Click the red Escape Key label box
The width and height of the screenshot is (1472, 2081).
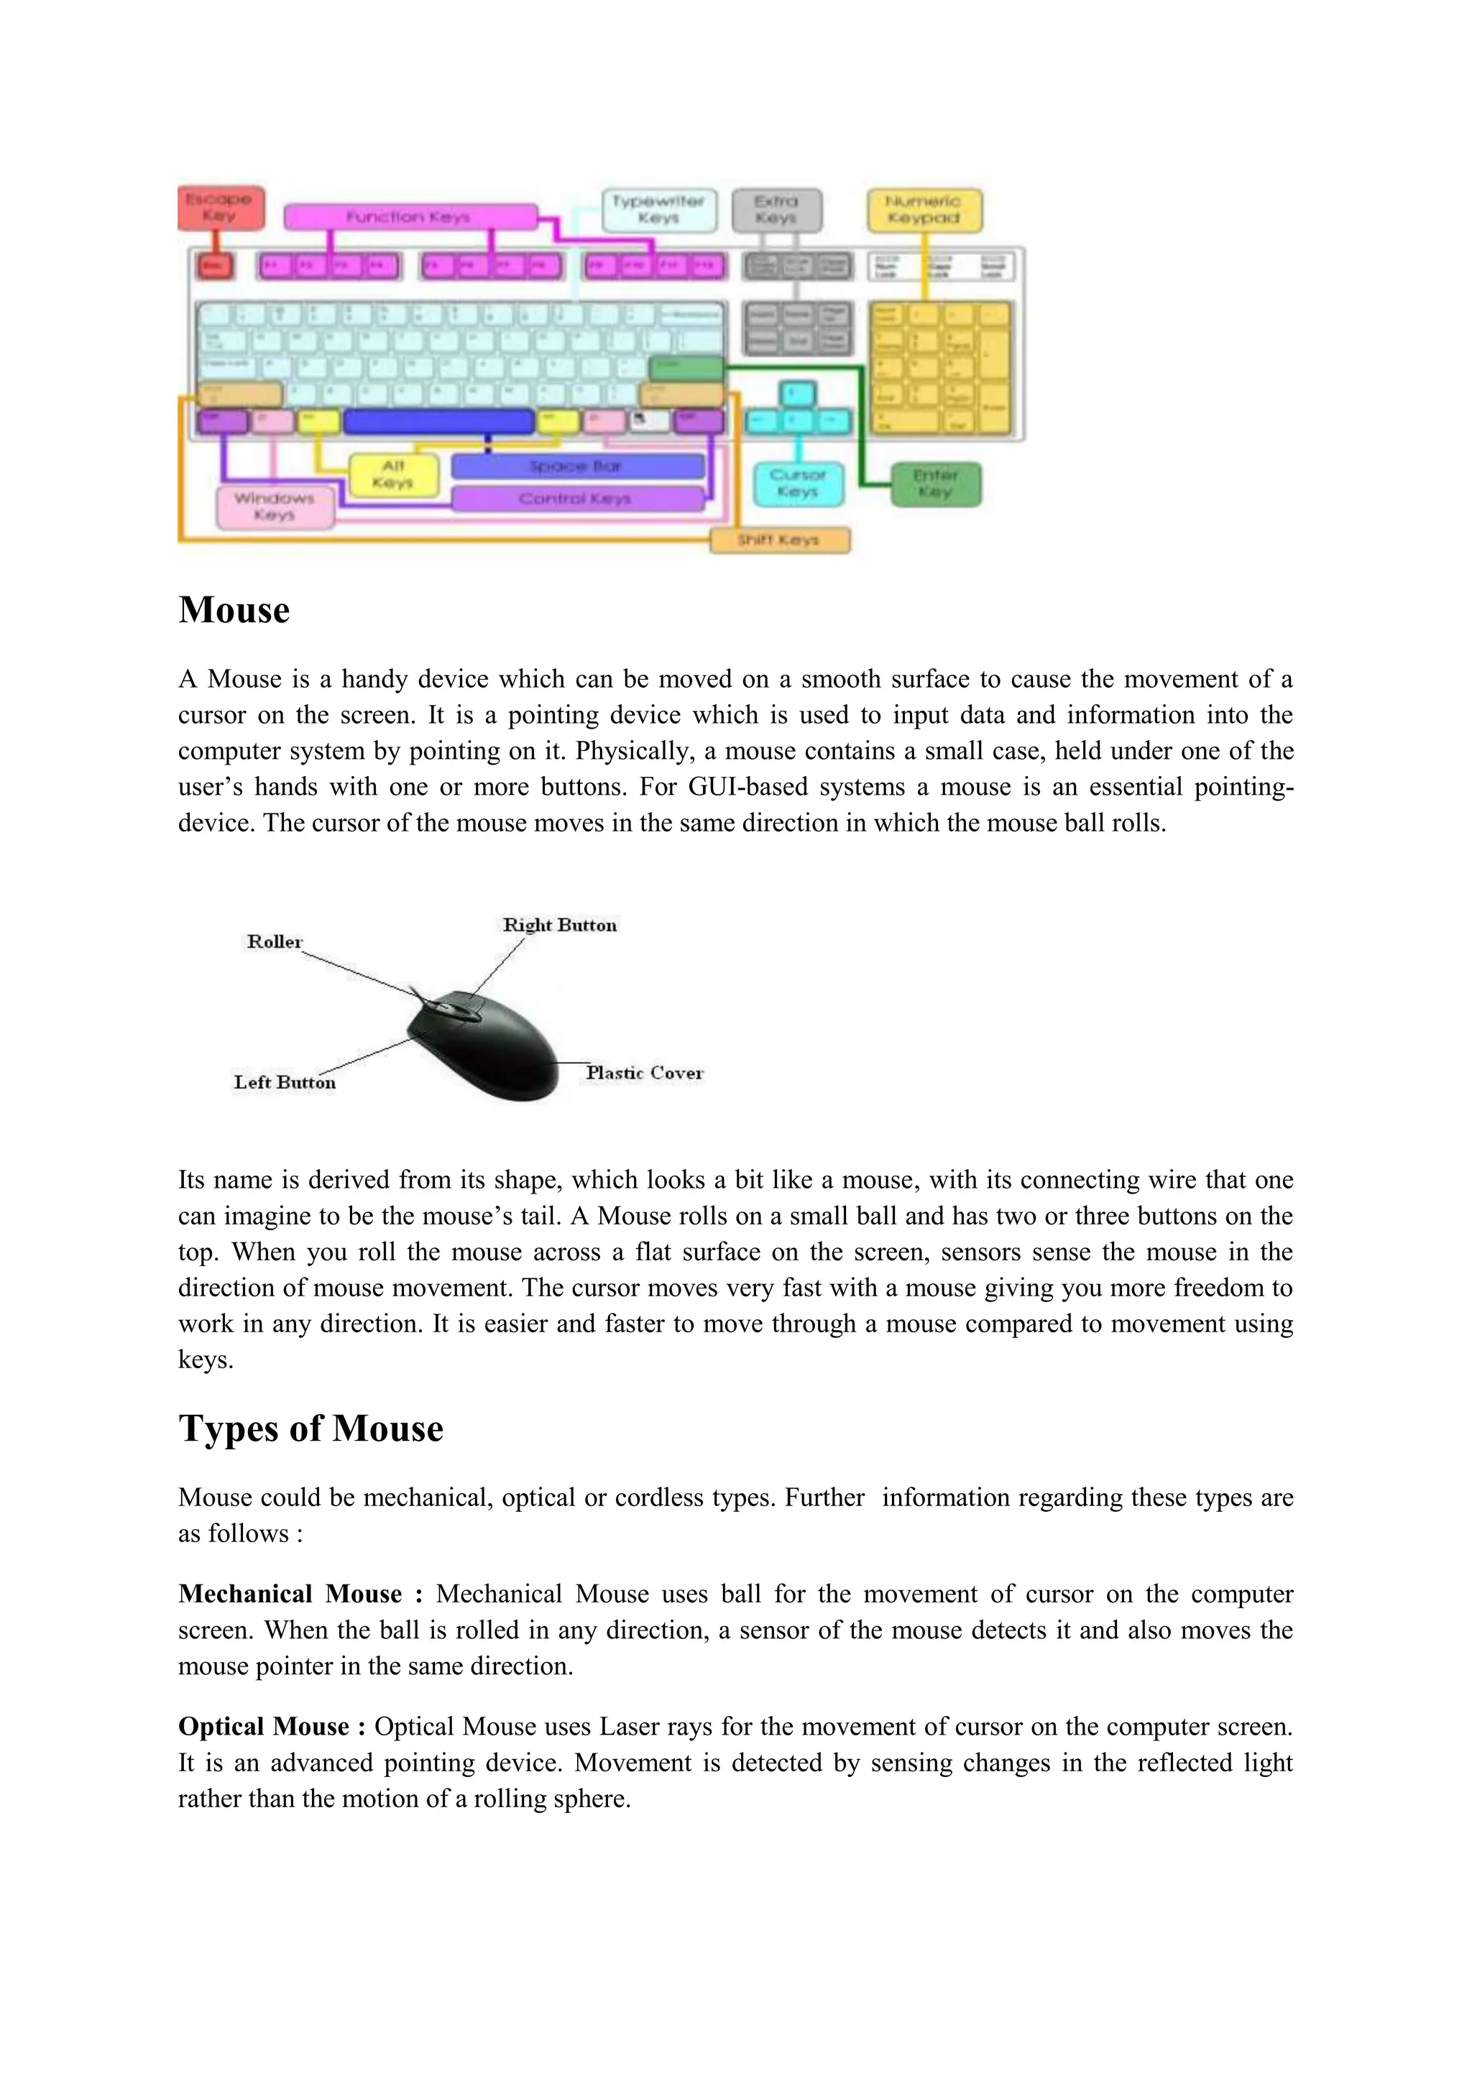point(220,208)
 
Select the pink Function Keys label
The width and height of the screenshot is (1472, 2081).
point(410,216)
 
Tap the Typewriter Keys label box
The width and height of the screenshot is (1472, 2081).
point(658,209)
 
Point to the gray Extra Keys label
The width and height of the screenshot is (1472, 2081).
point(776,209)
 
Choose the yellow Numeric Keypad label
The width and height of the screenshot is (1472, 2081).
point(923,209)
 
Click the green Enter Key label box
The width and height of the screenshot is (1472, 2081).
point(934,484)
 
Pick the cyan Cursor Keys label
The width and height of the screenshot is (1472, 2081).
point(798,483)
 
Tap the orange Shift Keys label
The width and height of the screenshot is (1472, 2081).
point(778,540)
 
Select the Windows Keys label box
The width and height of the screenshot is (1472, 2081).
point(274,507)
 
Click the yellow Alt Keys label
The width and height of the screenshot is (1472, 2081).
point(393,474)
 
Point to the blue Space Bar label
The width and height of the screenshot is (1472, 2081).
point(576,466)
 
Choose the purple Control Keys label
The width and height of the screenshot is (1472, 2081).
point(576,499)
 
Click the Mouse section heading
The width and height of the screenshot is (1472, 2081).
point(234,610)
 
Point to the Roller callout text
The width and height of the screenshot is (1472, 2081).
point(274,942)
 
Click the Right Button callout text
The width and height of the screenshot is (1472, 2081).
point(559,926)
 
